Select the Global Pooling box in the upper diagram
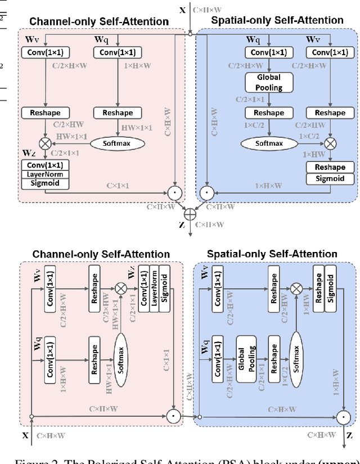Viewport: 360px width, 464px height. tap(268, 82)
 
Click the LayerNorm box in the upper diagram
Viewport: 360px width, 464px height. tap(45, 174)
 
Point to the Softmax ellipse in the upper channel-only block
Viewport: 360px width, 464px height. tap(118, 143)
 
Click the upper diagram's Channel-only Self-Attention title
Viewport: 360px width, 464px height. tap(99, 21)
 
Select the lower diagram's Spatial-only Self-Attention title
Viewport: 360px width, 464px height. tap(272, 254)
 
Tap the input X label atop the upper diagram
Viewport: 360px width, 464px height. tap(182, 10)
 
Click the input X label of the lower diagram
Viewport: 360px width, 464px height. tap(25, 435)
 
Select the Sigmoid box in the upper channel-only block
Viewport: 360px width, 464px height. tap(45, 183)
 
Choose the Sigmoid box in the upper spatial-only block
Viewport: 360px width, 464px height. tap(330, 179)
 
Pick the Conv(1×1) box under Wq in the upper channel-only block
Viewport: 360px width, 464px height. tap(118, 52)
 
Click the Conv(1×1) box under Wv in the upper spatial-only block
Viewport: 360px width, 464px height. tap(330, 52)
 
